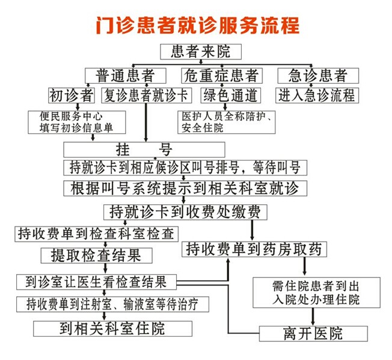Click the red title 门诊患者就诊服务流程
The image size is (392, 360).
tap(198, 25)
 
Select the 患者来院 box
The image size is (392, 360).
tap(201, 52)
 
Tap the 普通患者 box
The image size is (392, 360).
tap(126, 76)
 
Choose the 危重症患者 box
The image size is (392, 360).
tap(222, 76)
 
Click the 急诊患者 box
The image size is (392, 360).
tap(318, 76)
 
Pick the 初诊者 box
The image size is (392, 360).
tap(72, 95)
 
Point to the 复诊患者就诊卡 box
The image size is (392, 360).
tap(147, 95)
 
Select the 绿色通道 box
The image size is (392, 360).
tap(230, 95)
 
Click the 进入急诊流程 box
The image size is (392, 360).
tap(317, 95)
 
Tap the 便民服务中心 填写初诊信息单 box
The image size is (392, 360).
tap(77, 122)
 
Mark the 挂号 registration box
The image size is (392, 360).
tap(144, 150)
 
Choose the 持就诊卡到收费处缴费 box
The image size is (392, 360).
tap(185, 212)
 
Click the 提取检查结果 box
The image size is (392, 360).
tap(97, 255)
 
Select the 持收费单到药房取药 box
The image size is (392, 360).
tap(254, 249)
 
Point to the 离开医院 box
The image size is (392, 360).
tap(313, 334)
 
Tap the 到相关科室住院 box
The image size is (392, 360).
tap(113, 329)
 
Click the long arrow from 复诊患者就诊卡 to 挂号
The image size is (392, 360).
tap(146, 123)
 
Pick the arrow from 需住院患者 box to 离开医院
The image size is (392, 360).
tap(313, 317)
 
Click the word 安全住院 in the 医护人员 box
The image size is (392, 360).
tap(202, 128)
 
